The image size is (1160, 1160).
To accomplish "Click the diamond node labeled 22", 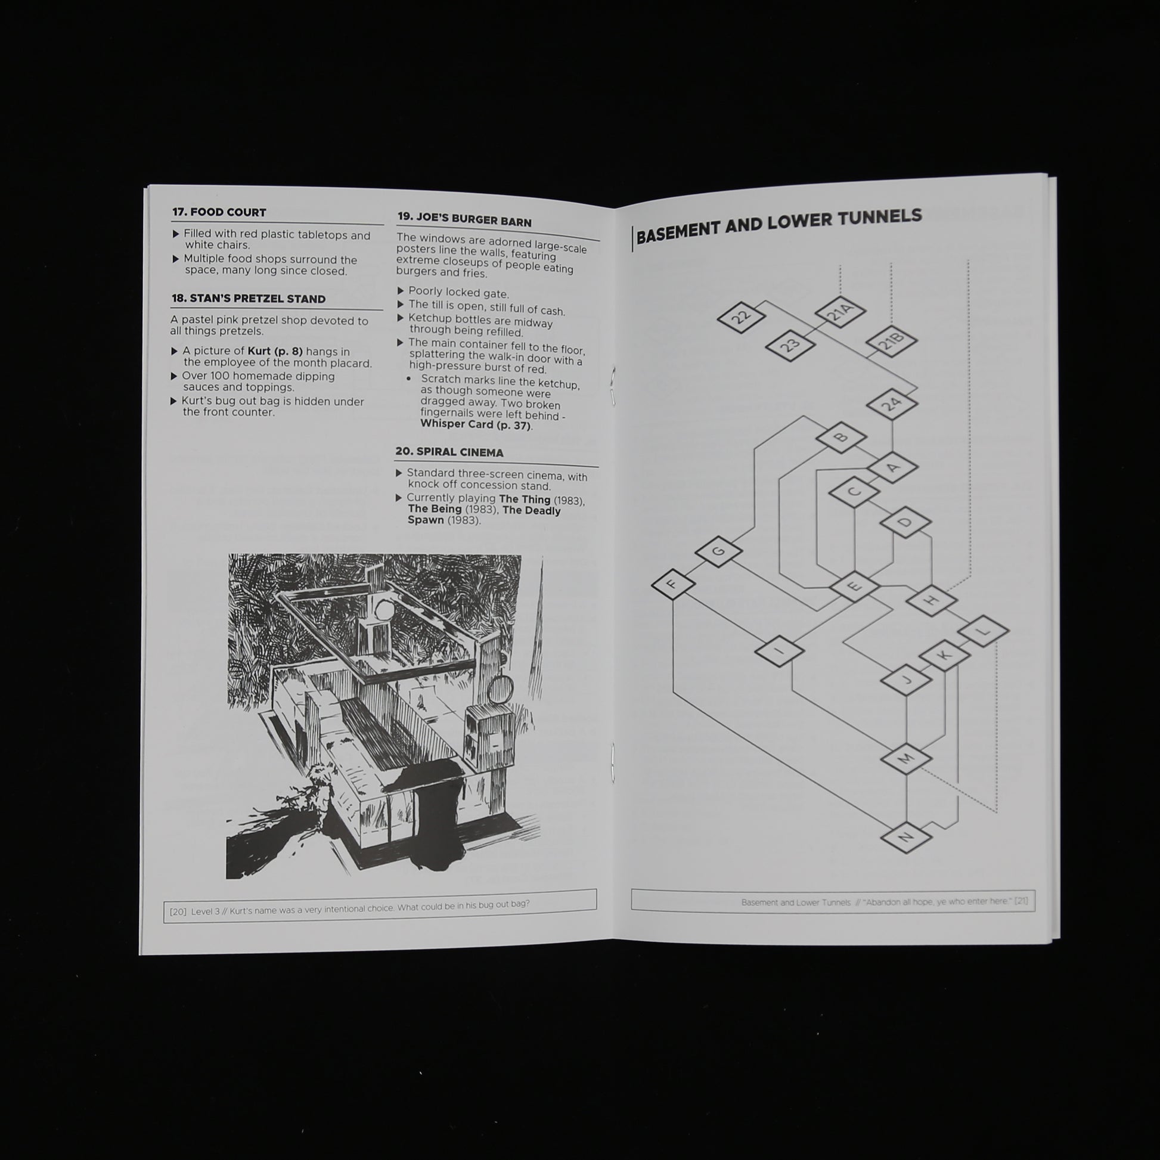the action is click(x=742, y=317).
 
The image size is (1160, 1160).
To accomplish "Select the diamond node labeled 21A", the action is click(x=840, y=312).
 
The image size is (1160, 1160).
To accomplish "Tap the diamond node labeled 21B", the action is click(x=892, y=341).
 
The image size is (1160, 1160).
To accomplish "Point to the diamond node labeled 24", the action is click(x=892, y=404).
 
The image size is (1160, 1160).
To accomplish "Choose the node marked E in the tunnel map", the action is click(x=854, y=585).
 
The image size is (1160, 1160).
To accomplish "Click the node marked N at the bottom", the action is click(x=906, y=836).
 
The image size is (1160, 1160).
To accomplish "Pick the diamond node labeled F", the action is click(x=673, y=584).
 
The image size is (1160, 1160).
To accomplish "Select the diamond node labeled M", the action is click(x=906, y=757).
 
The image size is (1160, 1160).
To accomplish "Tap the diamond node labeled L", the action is click(x=984, y=631).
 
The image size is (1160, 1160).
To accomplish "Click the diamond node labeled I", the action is click(x=779, y=651).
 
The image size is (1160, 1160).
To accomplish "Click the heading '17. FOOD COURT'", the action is click(x=219, y=212).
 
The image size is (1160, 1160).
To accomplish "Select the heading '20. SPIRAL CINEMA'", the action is click(x=449, y=452).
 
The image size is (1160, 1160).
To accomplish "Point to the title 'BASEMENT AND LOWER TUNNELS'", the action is click(x=778, y=225).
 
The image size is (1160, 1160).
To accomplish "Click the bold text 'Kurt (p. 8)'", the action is click(x=275, y=351).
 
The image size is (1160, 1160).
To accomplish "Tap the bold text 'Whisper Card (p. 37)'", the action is click(x=476, y=424).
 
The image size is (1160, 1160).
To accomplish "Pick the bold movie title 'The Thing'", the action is click(x=525, y=499).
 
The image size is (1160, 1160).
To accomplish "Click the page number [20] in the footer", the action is click(x=178, y=911).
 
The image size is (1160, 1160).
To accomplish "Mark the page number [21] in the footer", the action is click(x=1021, y=901).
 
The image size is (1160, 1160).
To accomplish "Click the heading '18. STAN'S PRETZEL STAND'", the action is click(x=249, y=299).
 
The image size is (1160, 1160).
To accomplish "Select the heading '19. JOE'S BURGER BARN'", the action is click(x=465, y=219).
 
